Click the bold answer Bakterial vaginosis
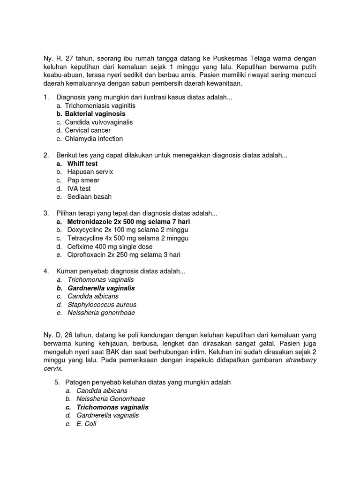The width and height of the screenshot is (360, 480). tap(95, 114)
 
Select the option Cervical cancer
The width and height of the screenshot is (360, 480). tap(88, 130)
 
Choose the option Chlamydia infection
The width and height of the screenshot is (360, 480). tap(94, 139)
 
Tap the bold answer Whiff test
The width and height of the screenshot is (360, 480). tap(82, 164)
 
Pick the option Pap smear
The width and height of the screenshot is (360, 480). tap(83, 180)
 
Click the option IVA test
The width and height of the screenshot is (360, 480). tap(79, 188)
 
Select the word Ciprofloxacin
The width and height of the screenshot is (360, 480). tap(87, 255)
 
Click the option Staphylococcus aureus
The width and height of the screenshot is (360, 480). tap(102, 305)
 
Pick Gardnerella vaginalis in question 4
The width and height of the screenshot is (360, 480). tap(101, 288)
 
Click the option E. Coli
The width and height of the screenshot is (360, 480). tap(86, 424)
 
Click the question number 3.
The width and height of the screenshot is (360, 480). tap(46, 213)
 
